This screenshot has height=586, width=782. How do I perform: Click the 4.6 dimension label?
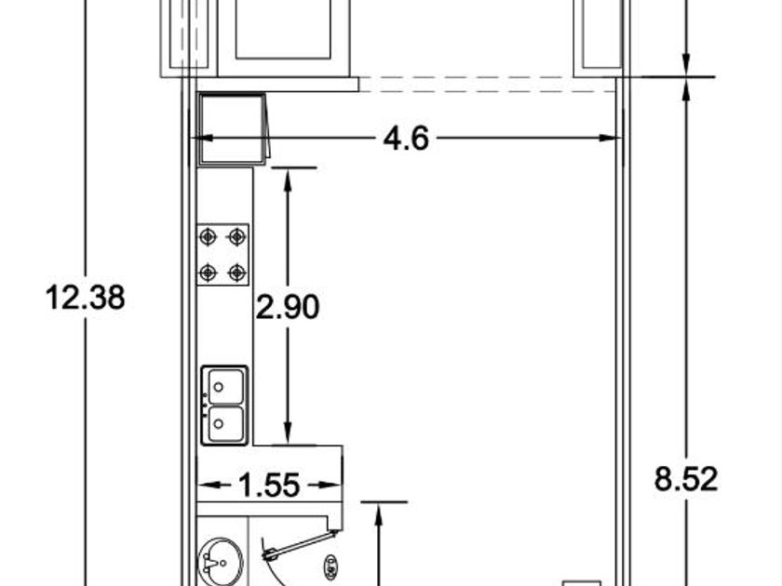click(x=406, y=139)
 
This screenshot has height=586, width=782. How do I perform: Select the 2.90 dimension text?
click(x=288, y=307)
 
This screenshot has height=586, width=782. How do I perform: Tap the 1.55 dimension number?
click(x=269, y=485)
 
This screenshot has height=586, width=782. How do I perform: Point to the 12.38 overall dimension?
click(x=86, y=298)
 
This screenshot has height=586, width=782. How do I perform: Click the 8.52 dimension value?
click(x=686, y=479)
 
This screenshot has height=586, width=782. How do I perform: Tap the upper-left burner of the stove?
click(x=208, y=236)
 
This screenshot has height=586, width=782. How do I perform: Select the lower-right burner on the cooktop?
click(x=236, y=273)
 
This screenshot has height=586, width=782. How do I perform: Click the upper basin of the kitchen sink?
click(x=226, y=386)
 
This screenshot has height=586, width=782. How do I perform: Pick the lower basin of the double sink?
click(x=226, y=424)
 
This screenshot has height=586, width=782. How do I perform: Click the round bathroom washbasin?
click(x=221, y=563)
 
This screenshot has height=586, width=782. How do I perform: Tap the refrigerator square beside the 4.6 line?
click(x=232, y=129)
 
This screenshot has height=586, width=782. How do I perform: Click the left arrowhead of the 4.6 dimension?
click(x=201, y=138)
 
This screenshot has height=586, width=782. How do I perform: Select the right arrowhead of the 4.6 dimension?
click(x=611, y=138)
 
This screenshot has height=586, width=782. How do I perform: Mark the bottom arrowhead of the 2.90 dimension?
click(x=288, y=433)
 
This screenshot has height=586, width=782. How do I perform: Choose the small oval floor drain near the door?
click(x=330, y=567)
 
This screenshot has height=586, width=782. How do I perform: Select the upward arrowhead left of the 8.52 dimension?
click(x=379, y=514)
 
